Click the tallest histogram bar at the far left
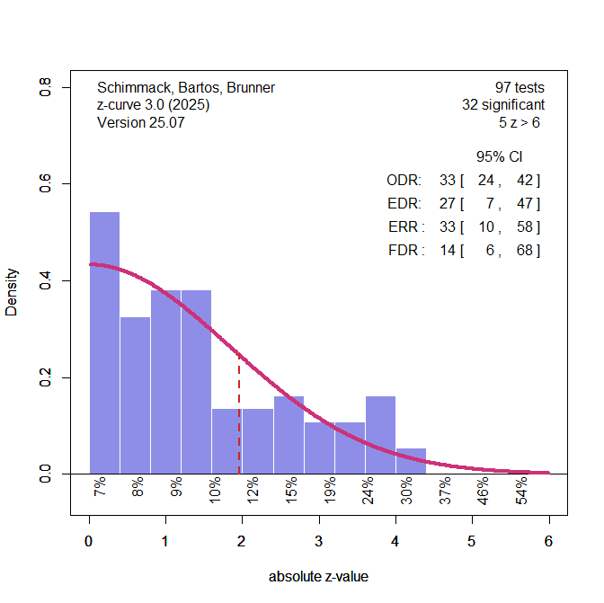tap(104, 341)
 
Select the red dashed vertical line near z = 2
tap(239, 413)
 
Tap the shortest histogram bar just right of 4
tap(411, 461)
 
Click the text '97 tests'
tap(520, 88)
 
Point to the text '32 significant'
tap(502, 105)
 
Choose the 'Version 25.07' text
tap(140, 122)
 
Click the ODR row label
tap(404, 181)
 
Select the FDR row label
tap(405, 251)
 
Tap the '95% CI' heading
tap(499, 157)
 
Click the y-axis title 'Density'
tap(12, 292)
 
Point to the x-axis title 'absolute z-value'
tap(318, 577)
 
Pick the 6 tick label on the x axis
tap(548, 541)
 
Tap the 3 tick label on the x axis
tap(318, 541)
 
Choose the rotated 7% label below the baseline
tap(101, 490)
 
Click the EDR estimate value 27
tap(447, 204)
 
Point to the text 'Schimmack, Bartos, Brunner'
tap(185, 88)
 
